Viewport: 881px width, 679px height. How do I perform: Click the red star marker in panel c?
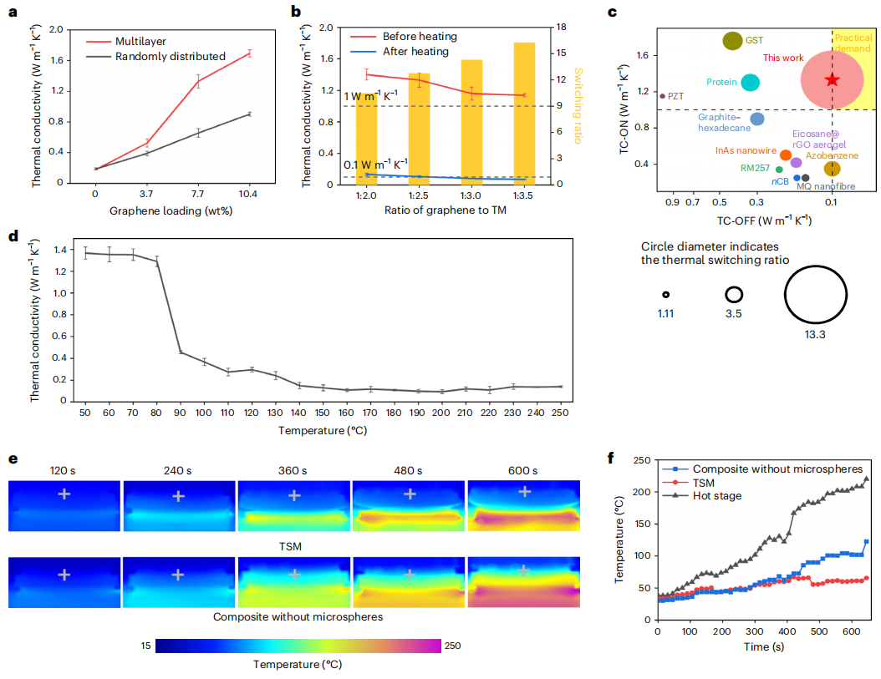click(x=832, y=79)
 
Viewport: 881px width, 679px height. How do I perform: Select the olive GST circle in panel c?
click(x=733, y=40)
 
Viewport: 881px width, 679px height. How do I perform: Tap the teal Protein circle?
click(x=750, y=82)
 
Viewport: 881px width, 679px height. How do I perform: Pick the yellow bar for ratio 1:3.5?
click(x=524, y=113)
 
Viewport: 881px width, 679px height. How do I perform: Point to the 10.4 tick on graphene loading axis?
click(x=249, y=194)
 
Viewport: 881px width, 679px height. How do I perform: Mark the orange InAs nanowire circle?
click(x=786, y=155)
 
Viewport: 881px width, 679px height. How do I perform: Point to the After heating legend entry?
click(x=415, y=52)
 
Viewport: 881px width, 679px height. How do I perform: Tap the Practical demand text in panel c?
click(x=853, y=44)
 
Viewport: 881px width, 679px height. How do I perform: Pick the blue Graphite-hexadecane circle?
click(x=756, y=119)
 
